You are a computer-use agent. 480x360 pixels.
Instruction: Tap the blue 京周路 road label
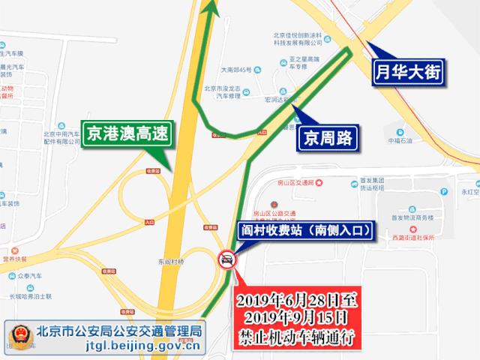[327, 137]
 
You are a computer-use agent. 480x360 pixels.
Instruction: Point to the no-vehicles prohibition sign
[225, 260]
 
